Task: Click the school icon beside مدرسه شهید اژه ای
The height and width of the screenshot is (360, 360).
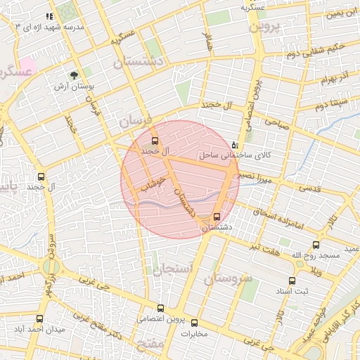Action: pos(49,15)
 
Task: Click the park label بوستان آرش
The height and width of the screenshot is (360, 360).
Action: pos(70,86)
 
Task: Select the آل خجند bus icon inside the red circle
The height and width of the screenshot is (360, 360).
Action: pos(155,140)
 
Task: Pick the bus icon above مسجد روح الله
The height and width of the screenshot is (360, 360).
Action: pos(316,245)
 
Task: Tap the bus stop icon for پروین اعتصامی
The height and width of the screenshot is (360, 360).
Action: pos(160,308)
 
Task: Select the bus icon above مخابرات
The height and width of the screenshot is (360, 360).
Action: pos(194,323)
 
